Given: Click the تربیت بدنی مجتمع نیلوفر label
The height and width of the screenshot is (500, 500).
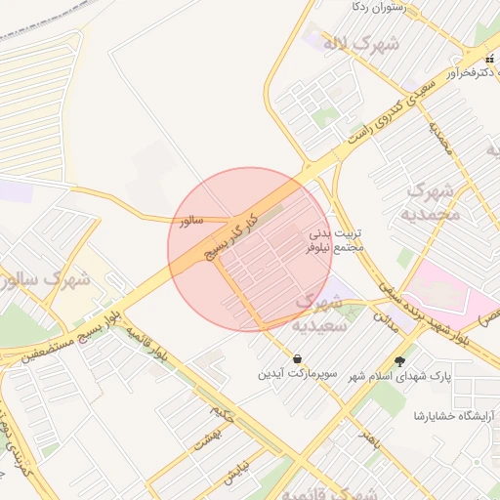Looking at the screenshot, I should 336,241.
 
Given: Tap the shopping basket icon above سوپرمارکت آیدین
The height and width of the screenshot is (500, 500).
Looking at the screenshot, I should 297,358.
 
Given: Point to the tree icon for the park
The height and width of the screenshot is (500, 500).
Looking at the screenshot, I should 399,360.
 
